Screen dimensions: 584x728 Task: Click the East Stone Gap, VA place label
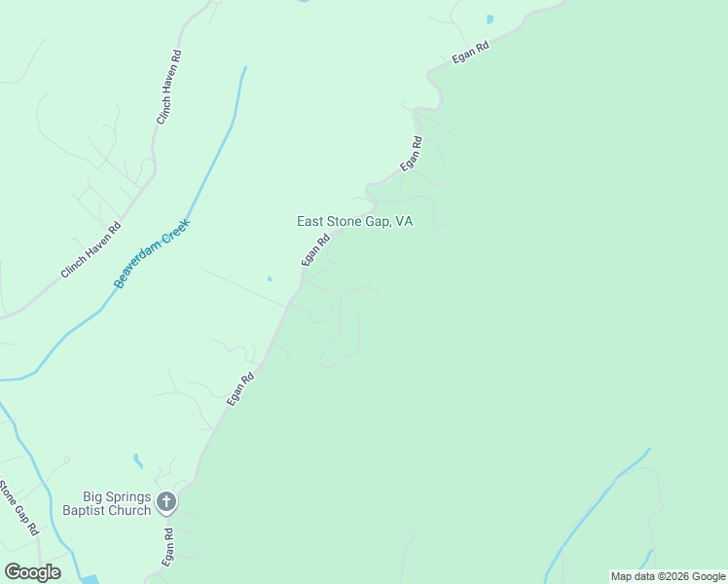click(354, 222)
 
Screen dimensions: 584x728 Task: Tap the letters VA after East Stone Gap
click(403, 222)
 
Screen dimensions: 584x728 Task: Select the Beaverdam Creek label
click(152, 254)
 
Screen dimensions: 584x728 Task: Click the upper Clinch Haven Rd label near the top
click(170, 88)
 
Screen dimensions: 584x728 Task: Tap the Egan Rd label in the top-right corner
click(470, 53)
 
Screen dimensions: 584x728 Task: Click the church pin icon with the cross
click(165, 502)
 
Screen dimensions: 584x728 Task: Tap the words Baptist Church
click(107, 510)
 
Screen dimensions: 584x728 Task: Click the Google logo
click(32, 572)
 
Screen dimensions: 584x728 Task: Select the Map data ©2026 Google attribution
click(668, 576)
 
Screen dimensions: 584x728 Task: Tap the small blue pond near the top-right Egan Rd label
click(489, 18)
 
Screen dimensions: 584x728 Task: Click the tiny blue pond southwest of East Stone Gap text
click(270, 279)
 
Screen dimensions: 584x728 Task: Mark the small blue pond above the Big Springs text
click(138, 460)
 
